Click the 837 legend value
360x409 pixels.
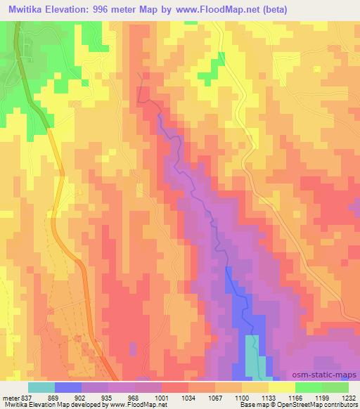[x=25, y=397]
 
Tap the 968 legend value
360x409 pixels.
[x=135, y=397]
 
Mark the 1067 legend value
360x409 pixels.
[x=216, y=397]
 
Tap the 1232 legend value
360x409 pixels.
[x=348, y=397]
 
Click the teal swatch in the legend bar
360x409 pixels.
[x=41, y=387]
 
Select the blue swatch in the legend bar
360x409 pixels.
[x=68, y=387]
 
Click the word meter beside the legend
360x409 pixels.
[x=10, y=397]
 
